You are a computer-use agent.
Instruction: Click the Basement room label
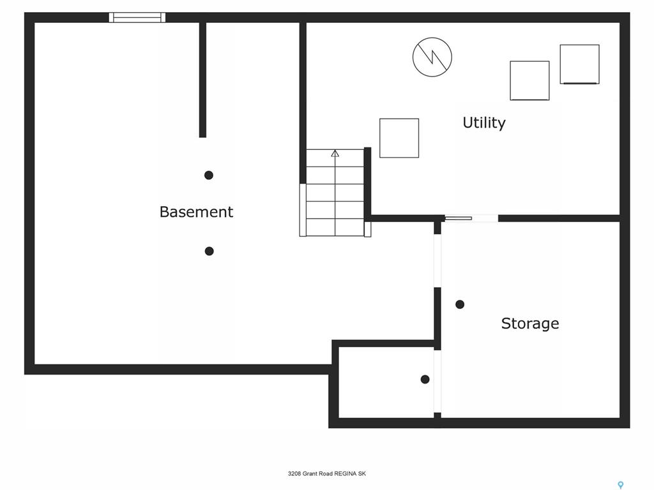(x=196, y=212)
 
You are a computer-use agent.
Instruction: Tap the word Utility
(x=484, y=122)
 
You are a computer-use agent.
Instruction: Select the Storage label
(x=529, y=323)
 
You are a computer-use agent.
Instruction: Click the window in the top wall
(x=137, y=17)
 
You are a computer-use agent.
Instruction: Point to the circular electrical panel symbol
(x=432, y=57)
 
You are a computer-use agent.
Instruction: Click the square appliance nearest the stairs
(x=399, y=138)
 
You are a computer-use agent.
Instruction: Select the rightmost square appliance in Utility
(x=580, y=64)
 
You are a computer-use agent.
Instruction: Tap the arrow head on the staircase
(x=335, y=153)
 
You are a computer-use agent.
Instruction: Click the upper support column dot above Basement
(x=209, y=175)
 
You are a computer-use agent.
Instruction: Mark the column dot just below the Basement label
(x=209, y=251)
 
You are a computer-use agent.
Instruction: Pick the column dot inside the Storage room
(x=460, y=304)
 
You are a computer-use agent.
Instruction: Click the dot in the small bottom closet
(x=425, y=379)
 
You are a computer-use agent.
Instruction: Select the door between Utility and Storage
(x=471, y=218)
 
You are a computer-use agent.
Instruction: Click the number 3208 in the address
(x=294, y=473)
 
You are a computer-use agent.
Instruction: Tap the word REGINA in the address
(x=346, y=473)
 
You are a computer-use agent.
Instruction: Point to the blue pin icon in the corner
(x=621, y=485)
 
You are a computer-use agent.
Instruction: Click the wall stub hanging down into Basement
(x=202, y=80)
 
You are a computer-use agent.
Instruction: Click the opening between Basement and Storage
(x=437, y=261)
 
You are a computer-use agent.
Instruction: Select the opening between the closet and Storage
(x=437, y=382)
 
